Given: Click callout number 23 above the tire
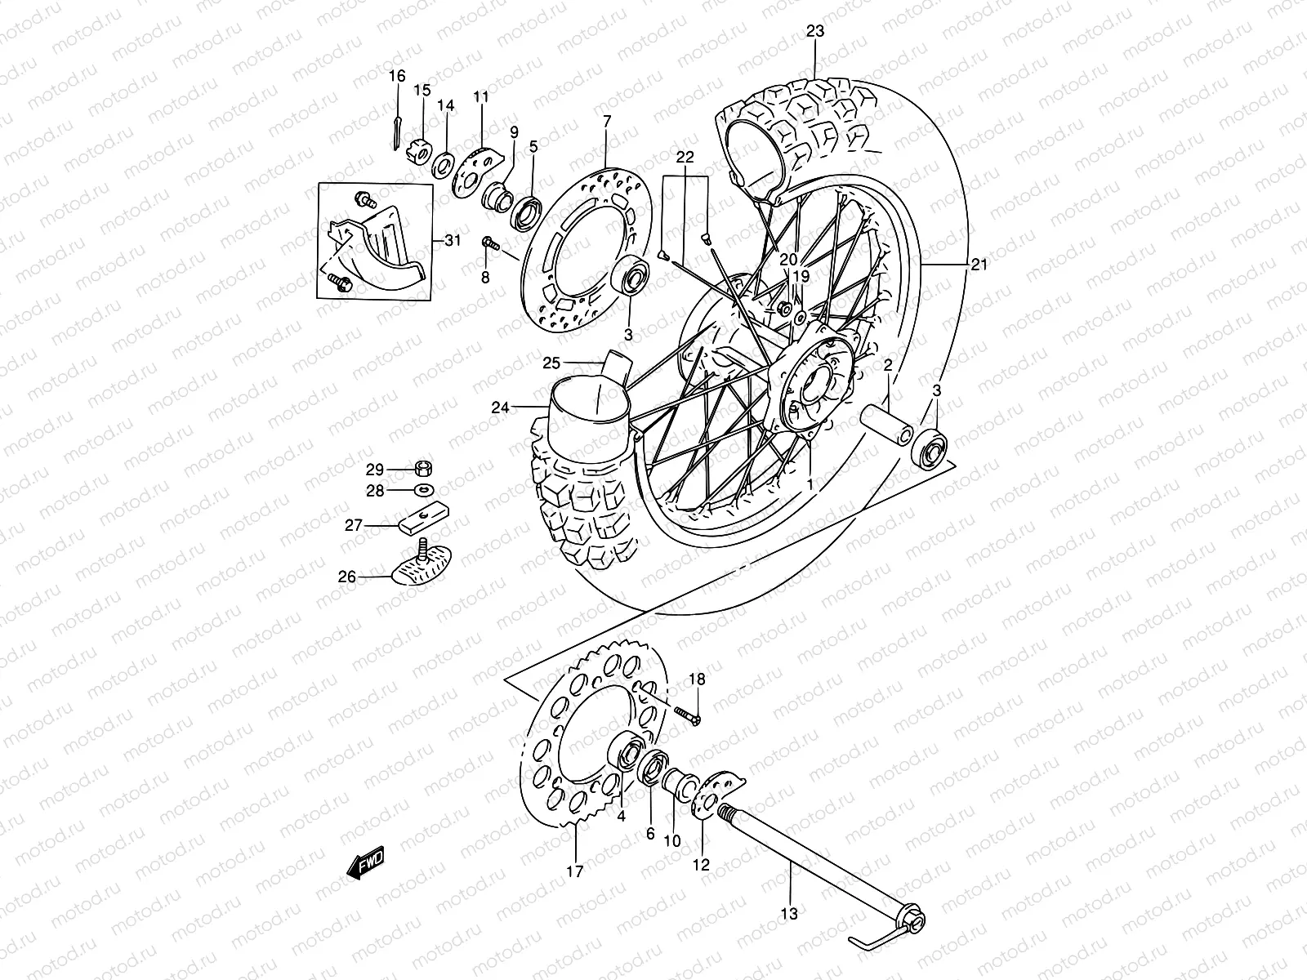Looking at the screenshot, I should click(x=815, y=32).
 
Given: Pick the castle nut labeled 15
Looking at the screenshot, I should click(x=422, y=149).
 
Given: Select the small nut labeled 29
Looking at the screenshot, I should click(x=424, y=469).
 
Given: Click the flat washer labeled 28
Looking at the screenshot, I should click(x=423, y=490).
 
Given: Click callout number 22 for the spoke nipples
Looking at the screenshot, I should click(x=685, y=158).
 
